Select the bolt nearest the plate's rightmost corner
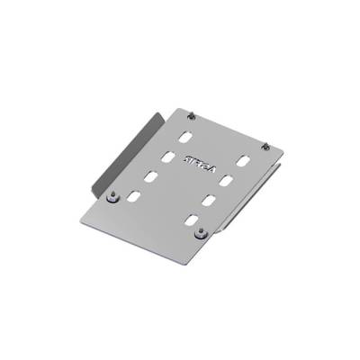265,146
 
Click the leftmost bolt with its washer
112,197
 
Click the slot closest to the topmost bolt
184,139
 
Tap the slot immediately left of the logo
167,157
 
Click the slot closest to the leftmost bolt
133,194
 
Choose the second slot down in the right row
226,181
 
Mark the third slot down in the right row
208,201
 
